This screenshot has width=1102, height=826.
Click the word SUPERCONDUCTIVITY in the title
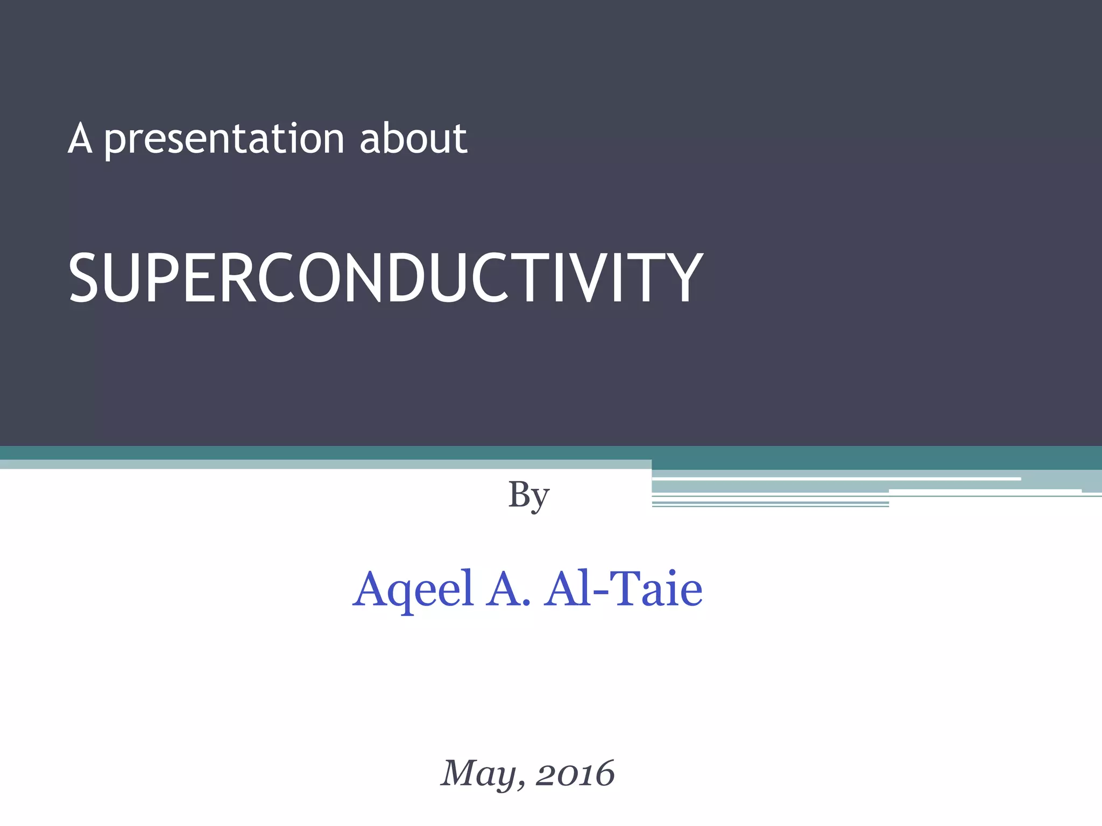[x=385, y=277]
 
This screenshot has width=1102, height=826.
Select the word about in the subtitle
[x=413, y=139]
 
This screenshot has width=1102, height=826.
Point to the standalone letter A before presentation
[x=80, y=139]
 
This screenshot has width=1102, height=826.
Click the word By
[x=528, y=495]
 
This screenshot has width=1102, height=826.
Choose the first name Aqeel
[x=413, y=589]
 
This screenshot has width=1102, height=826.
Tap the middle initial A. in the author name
[x=508, y=589]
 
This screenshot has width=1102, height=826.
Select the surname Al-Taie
[x=623, y=589]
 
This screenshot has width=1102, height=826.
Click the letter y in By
[x=540, y=499]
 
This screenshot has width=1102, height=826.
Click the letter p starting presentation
[x=115, y=142]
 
